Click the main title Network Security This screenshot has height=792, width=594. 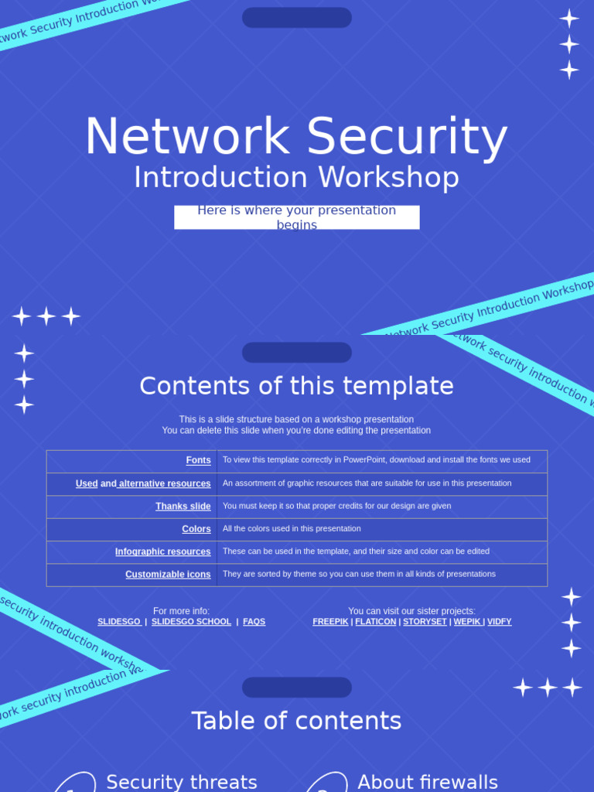click(x=296, y=137)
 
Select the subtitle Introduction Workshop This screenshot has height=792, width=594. click(x=296, y=177)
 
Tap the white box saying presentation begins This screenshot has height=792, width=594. click(x=296, y=217)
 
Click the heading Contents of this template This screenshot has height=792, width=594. click(x=296, y=386)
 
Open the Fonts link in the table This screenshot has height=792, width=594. click(x=198, y=460)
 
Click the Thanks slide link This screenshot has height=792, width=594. click(x=183, y=507)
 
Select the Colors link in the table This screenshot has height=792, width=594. click(x=196, y=529)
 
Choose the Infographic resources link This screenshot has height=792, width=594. click(x=162, y=551)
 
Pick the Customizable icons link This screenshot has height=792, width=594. click(x=168, y=575)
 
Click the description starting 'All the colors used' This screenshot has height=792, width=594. click(x=292, y=529)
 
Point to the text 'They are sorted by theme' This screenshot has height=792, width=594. click(x=359, y=574)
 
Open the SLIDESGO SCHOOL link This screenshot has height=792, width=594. click(x=191, y=622)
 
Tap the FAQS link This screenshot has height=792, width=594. click(x=254, y=622)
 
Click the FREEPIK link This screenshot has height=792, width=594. click(x=330, y=622)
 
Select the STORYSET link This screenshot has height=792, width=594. click(x=425, y=622)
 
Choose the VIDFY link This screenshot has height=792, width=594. click(x=499, y=622)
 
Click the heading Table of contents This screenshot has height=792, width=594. click(x=296, y=721)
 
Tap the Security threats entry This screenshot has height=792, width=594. click(x=181, y=782)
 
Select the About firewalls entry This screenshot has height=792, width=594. click(x=428, y=782)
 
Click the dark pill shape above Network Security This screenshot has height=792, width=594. click(x=296, y=18)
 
